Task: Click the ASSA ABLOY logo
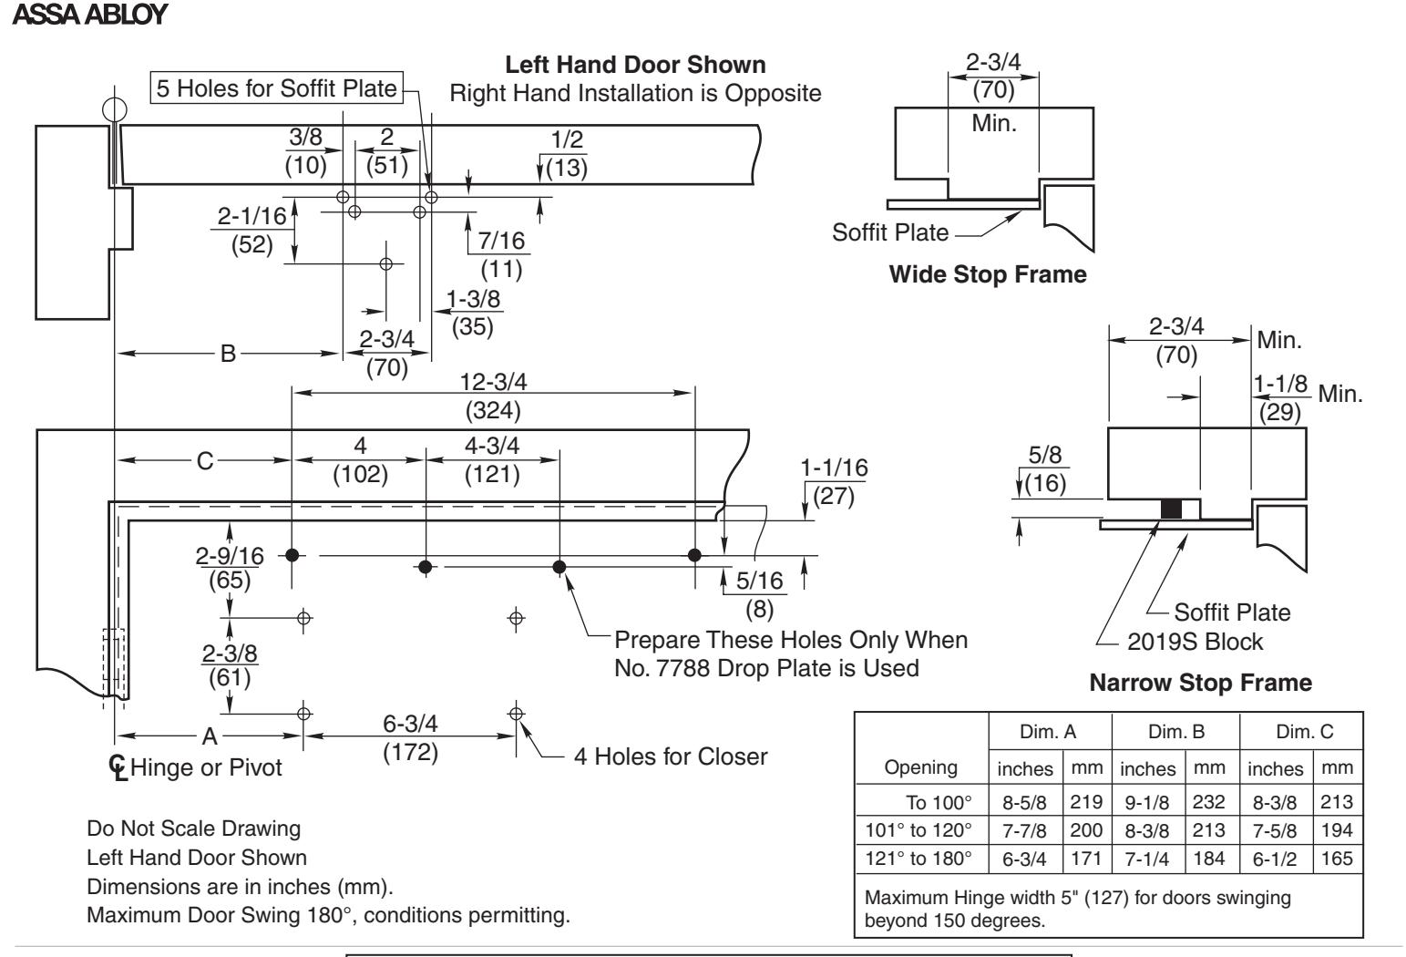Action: point(90,15)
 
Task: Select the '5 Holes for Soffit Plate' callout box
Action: point(277,87)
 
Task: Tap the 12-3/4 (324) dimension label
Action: point(493,396)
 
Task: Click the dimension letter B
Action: point(228,354)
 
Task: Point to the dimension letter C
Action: point(205,461)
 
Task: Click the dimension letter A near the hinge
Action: point(210,736)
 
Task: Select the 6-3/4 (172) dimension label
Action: point(411,738)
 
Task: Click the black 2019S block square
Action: point(1171,509)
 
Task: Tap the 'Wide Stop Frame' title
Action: point(988,274)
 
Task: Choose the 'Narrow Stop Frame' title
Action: point(1200,683)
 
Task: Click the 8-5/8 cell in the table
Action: point(1024,803)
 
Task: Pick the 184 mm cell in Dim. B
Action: point(1208,859)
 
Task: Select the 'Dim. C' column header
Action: point(1304,732)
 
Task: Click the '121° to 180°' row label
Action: point(919,859)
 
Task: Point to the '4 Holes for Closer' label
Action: point(671,756)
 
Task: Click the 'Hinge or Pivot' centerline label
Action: point(206,767)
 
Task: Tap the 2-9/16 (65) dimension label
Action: point(230,568)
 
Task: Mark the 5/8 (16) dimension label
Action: point(1045,469)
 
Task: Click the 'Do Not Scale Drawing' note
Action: point(193,828)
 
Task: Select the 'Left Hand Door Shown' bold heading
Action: point(635,65)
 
